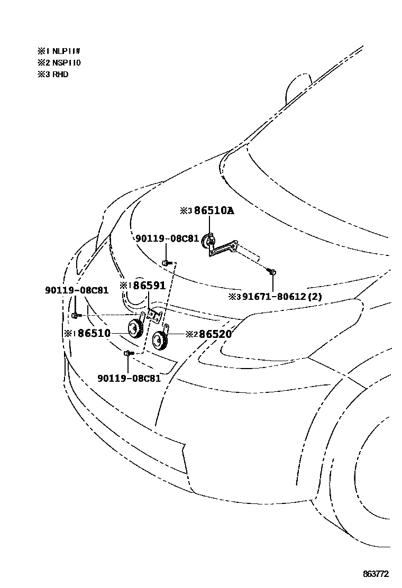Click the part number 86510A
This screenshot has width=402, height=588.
[x=214, y=211]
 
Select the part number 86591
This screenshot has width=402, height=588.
[x=149, y=286]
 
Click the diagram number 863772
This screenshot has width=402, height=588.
[x=376, y=574]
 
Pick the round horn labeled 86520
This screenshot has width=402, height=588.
[x=159, y=341]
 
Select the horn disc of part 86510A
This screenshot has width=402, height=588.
[x=207, y=242]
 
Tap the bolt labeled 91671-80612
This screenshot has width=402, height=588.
[x=272, y=272]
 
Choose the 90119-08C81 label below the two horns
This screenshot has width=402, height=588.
[x=129, y=378]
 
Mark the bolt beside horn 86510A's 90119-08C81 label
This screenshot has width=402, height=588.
[x=166, y=262]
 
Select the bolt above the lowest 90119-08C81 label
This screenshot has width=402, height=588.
[x=128, y=353]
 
